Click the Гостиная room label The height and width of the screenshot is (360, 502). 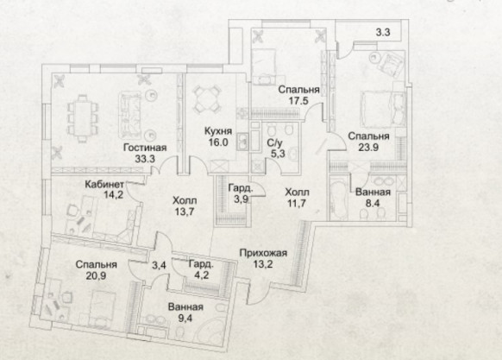coord(145,148)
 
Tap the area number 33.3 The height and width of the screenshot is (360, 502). coord(145,159)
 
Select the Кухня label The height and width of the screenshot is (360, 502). coord(218,131)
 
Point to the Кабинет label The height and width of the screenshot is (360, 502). coord(104,185)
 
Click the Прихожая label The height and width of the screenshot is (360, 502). coord(263,253)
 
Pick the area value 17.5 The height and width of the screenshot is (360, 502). coord(298,101)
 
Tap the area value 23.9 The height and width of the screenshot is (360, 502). coord(368,148)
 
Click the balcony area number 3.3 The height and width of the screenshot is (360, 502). coord(383,33)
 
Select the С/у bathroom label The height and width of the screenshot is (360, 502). coord(274,143)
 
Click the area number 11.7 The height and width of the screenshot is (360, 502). coord(297,204)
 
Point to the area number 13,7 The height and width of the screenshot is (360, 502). coord(185,212)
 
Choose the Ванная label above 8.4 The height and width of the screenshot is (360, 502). coord(373,192)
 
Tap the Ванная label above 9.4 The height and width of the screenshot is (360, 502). coord(185,306)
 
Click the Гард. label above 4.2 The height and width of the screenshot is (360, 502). coord(201,264)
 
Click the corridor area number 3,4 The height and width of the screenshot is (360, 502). coord(159,265)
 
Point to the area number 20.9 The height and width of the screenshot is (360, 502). coord(96,275)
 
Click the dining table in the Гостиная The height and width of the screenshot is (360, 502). coord(83,118)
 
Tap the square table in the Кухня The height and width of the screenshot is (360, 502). coord(207,98)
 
